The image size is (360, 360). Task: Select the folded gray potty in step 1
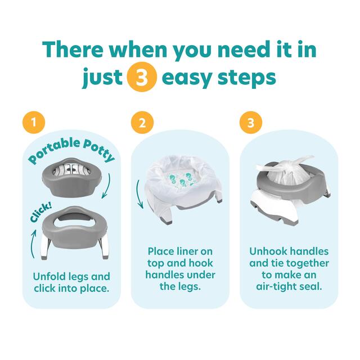pos(71,174)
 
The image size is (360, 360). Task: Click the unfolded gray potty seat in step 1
pos(71,222)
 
